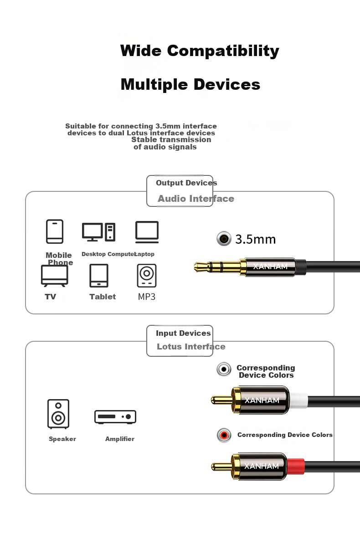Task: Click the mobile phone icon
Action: click(x=55, y=231)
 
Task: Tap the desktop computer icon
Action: click(x=98, y=232)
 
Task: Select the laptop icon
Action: click(x=147, y=232)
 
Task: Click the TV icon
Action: click(x=55, y=275)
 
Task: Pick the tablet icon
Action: click(x=99, y=276)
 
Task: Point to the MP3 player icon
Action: click(x=146, y=276)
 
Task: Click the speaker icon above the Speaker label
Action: click(x=58, y=414)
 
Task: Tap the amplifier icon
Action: click(x=115, y=416)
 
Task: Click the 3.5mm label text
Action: click(x=255, y=239)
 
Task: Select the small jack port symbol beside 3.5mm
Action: click(x=223, y=238)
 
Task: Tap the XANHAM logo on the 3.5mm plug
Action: click(x=270, y=267)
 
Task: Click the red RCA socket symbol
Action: click(x=224, y=435)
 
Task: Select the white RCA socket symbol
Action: click(x=224, y=369)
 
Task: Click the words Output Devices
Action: click(x=186, y=183)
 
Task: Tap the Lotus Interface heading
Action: click(x=191, y=347)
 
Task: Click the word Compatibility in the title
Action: click(x=223, y=51)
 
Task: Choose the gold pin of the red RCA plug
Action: click(x=221, y=466)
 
